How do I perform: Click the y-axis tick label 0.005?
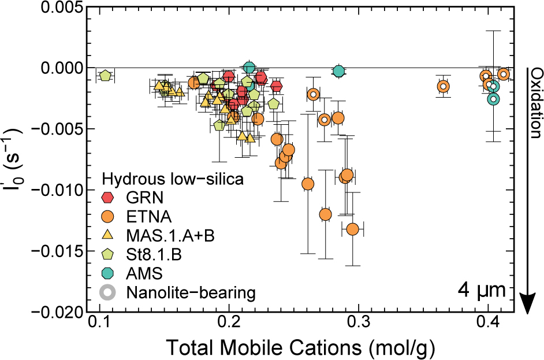[58, 7]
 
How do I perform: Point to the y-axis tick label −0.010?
[53, 190]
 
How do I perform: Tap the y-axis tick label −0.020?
[53, 313]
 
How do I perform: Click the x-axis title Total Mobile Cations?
[300, 348]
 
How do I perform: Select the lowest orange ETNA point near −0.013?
[352, 229]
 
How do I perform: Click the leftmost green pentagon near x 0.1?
[105, 76]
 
